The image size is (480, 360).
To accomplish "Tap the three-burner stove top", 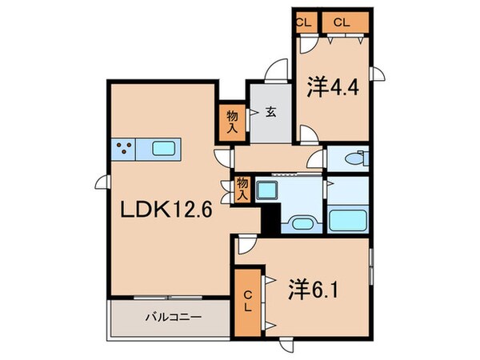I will click(x=125, y=148).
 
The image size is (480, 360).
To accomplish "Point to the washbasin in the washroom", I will click(x=302, y=222).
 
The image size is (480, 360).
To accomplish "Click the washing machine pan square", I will click(x=266, y=190).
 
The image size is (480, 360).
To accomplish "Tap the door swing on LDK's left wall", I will click(x=102, y=184).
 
